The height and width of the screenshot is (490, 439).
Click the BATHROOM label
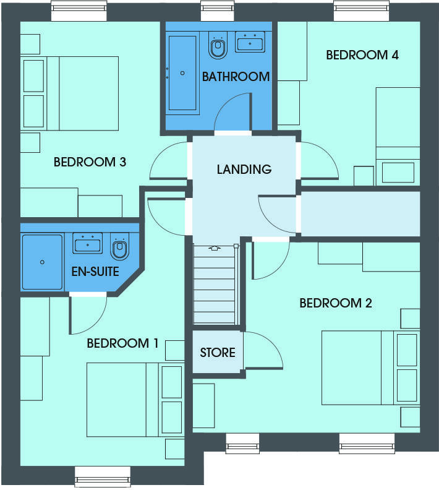[x=236, y=77]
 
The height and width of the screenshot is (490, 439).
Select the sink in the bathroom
[x=250, y=41]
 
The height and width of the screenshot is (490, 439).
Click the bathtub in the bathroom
[x=182, y=73]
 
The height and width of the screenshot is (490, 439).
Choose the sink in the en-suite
[x=87, y=243]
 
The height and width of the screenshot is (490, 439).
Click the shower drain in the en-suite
[x=42, y=262]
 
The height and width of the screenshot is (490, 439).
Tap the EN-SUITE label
[x=95, y=272]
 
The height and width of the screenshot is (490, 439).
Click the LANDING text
[x=244, y=170]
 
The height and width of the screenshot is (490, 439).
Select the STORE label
[x=218, y=353]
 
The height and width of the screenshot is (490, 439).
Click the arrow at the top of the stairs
[x=215, y=249]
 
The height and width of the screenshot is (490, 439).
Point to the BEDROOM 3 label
[x=90, y=162]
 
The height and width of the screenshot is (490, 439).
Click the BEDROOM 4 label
[x=362, y=55]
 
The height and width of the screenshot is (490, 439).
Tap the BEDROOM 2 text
[x=336, y=303]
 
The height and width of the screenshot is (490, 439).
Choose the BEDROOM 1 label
[x=122, y=343]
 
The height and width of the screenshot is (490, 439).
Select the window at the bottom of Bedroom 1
[x=103, y=476]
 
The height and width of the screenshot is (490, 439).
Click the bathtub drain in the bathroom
[x=182, y=73]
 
